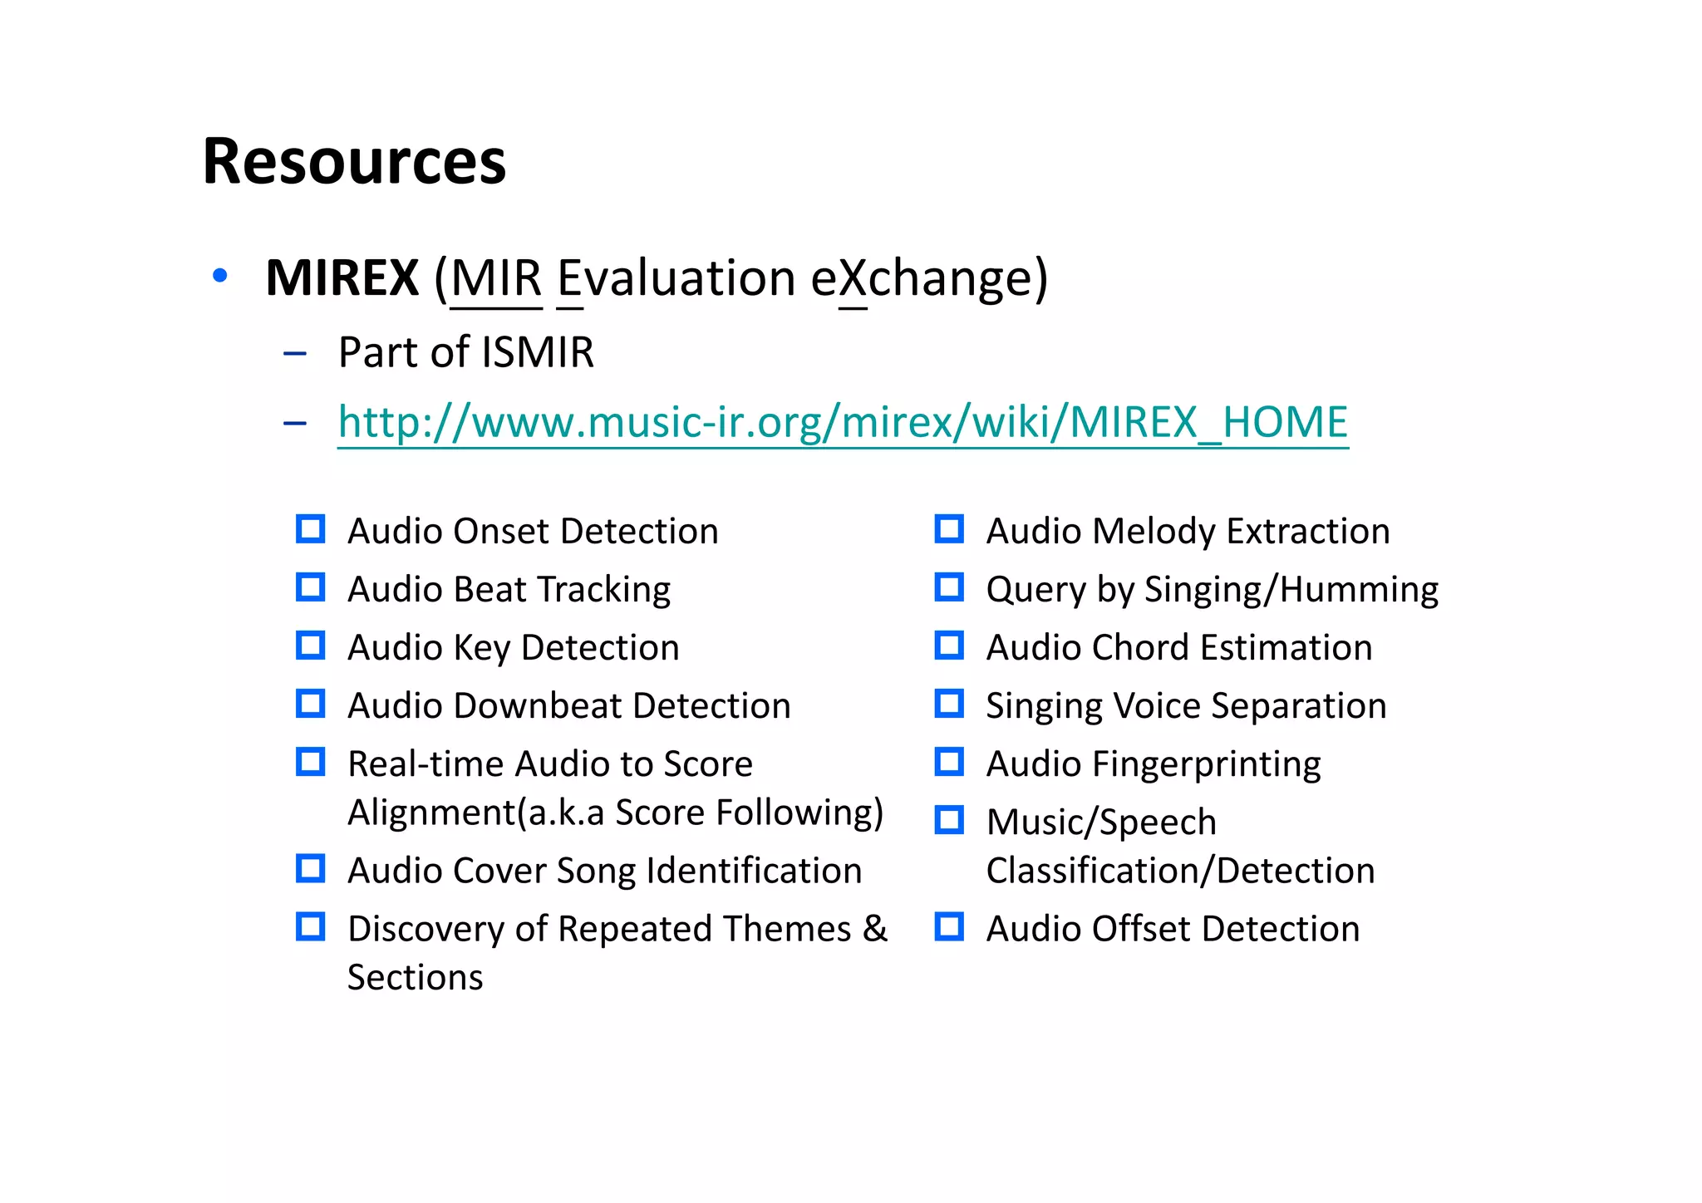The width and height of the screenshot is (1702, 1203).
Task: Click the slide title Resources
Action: click(x=354, y=161)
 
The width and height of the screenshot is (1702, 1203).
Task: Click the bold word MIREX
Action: click(x=342, y=277)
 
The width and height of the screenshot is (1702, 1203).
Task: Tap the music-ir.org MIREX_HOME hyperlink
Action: click(x=843, y=422)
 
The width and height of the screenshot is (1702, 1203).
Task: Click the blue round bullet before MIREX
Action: click(x=220, y=276)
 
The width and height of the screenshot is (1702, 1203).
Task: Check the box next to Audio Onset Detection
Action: click(x=311, y=529)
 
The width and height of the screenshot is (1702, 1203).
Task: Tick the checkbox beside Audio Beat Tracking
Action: click(x=311, y=587)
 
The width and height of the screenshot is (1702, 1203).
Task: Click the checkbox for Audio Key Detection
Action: click(x=311, y=646)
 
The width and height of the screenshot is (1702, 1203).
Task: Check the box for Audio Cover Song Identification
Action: click(x=311, y=869)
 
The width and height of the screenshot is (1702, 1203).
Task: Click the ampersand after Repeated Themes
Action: click(x=875, y=929)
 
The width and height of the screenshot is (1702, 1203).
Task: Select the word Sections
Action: click(x=415, y=978)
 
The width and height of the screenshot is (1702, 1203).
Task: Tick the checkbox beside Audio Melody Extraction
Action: click(x=949, y=529)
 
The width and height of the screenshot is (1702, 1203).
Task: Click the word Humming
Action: click(x=1359, y=590)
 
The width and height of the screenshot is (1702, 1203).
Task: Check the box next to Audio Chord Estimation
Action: click(x=949, y=646)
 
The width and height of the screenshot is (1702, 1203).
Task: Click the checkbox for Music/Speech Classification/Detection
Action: click(x=949, y=820)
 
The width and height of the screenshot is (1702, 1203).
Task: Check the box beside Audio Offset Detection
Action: click(x=949, y=927)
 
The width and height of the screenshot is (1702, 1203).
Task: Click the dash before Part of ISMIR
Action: click(x=295, y=354)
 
